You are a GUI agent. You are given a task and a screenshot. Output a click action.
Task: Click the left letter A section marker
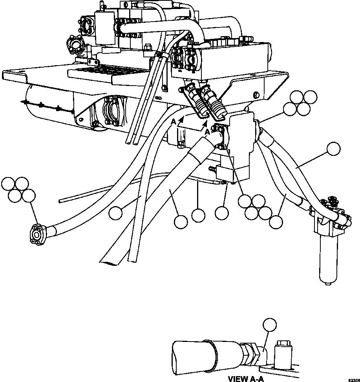click(173, 122)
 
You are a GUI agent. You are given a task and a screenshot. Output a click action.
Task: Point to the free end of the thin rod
click(60, 201)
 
